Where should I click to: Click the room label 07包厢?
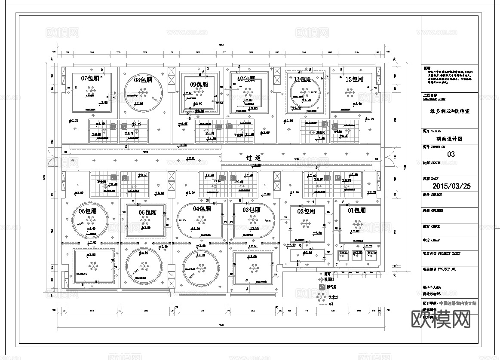[90, 79]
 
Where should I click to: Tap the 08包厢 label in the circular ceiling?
[143, 79]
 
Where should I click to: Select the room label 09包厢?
[199, 85]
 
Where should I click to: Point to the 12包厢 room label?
[354, 79]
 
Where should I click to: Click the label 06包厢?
[87, 211]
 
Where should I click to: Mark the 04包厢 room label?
[202, 209]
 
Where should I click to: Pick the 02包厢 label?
[306, 211]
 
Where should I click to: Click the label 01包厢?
[356, 211]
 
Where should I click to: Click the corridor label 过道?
[254, 158]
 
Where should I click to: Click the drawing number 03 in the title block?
[451, 154]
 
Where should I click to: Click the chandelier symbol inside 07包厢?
[91, 91]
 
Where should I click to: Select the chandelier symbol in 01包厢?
[357, 223]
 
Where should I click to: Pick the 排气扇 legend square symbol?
[321, 287]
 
